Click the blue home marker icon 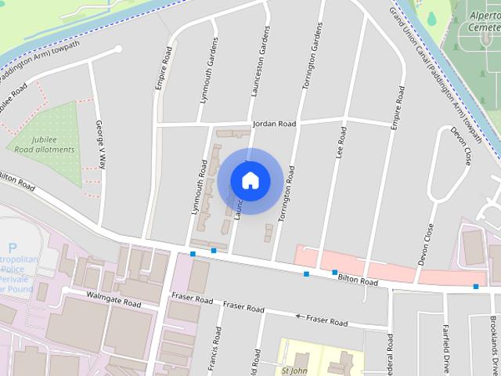[x=250, y=180]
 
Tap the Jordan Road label [x=274, y=124]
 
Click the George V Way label [x=100, y=145]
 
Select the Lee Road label [x=341, y=142]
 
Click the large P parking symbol [x=12, y=250]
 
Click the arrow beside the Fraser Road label [x=297, y=316]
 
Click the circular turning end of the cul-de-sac [x=118, y=49]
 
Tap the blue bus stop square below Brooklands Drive [x=476, y=287]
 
